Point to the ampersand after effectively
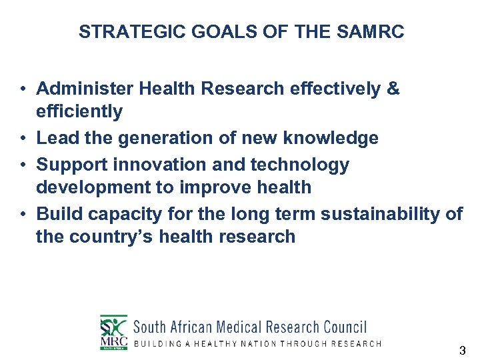click(x=393, y=89)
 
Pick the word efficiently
click(x=79, y=111)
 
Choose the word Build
click(x=55, y=214)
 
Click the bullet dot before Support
click(x=23, y=165)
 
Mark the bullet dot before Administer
click(x=23, y=89)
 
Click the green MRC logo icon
click(x=113, y=331)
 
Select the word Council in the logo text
click(x=344, y=327)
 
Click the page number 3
click(x=463, y=351)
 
